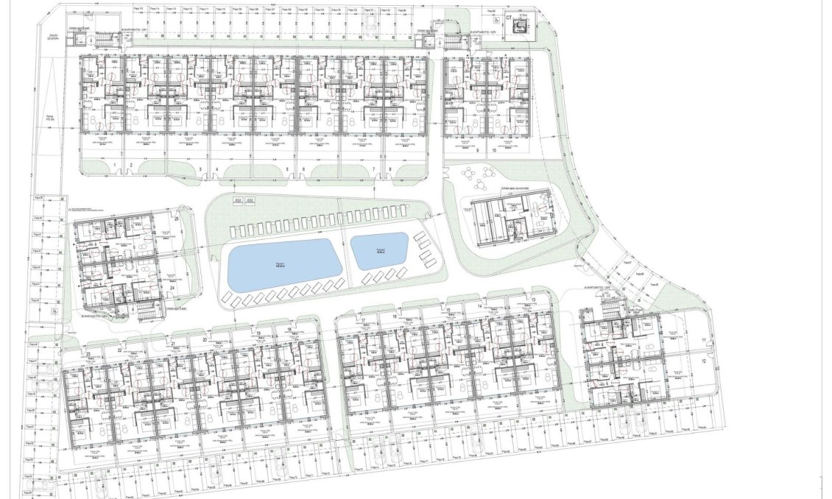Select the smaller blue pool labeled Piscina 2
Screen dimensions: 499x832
[x=380, y=250]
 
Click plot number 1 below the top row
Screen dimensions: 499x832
[x=116, y=163]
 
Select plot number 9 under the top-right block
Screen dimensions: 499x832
[x=477, y=150]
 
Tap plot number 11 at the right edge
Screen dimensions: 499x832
[x=704, y=339]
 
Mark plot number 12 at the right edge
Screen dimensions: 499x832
[x=704, y=361]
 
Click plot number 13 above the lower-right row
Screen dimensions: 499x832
[x=532, y=300]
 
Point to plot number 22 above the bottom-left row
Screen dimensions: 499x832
[x=119, y=351]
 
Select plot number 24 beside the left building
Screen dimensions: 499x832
[x=172, y=289]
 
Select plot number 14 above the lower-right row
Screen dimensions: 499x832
[x=479, y=305]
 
